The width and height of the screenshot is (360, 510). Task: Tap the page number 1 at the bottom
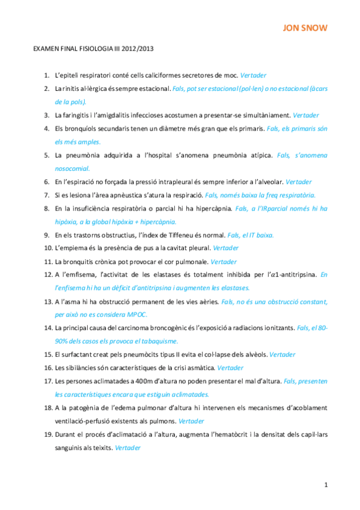tap(325, 484)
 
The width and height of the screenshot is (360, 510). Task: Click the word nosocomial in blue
tap(72, 168)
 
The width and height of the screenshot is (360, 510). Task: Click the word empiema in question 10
tap(76, 248)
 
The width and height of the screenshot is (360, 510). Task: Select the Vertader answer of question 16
tap(230, 367)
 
